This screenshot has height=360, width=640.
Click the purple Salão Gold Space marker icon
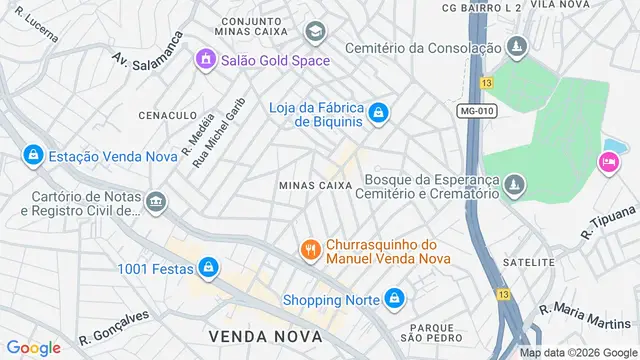[206, 59]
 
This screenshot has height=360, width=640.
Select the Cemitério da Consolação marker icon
[516, 47]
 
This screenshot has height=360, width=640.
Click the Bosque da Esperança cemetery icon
[514, 185]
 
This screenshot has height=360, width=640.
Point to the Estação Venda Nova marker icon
[33, 155]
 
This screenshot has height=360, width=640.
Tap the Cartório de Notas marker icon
[155, 203]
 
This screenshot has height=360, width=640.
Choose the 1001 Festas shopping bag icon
[208, 267]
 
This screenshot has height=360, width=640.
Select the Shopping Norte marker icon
[396, 299]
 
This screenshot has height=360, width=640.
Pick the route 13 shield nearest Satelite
[500, 293]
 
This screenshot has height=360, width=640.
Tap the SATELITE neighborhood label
[530, 262]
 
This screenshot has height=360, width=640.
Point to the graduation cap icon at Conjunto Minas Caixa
[316, 33]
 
